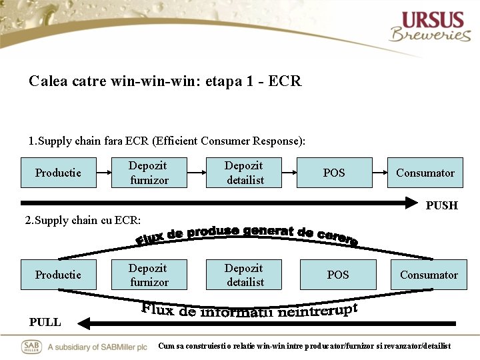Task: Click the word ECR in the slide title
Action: [287, 81]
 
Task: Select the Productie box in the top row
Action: [58, 173]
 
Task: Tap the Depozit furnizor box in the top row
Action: [149, 173]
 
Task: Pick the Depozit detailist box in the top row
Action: [245, 173]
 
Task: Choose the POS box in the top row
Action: [334, 173]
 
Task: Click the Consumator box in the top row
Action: [425, 173]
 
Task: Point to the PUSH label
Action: [442, 205]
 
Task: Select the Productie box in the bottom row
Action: [58, 275]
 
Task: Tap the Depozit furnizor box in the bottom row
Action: [149, 275]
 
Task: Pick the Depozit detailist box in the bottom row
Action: [245, 275]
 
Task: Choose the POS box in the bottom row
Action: [338, 275]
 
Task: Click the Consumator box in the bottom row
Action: [429, 275]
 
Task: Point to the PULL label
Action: [45, 322]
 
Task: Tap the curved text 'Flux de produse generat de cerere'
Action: [247, 234]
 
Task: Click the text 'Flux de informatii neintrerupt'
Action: [250, 310]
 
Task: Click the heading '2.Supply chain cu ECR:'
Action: [83, 221]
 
